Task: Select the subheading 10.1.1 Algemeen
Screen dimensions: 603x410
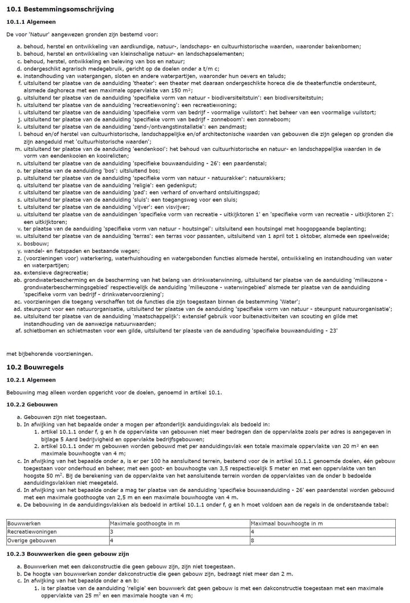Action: [x=31, y=22]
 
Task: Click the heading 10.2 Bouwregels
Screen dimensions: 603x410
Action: [x=35, y=367]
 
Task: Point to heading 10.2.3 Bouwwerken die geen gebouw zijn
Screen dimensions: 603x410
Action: [x=68, y=553]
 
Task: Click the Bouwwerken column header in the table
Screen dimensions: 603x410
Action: [x=23, y=523]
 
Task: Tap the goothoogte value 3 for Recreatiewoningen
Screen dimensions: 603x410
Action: [x=112, y=532]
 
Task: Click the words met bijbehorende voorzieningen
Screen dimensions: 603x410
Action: [x=50, y=354]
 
